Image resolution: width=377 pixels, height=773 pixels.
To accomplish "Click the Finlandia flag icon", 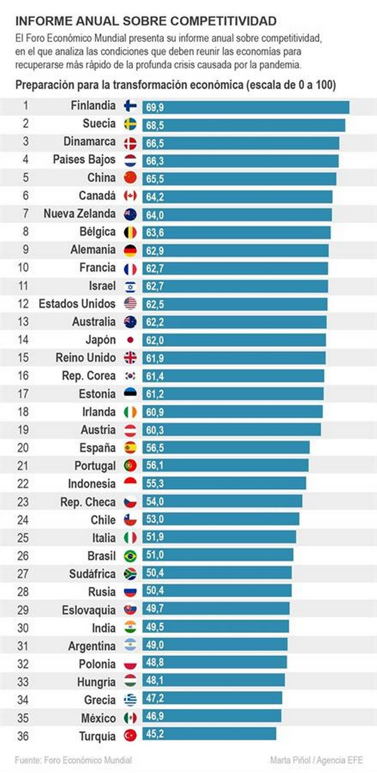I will tap(130, 106).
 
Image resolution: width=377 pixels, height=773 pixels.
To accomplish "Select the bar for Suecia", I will tap(244, 125).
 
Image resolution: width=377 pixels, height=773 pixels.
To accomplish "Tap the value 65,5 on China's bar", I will tap(155, 179).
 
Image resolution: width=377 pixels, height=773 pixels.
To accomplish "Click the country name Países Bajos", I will tap(84, 159).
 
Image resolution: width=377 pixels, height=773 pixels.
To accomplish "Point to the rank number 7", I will tap(25, 213).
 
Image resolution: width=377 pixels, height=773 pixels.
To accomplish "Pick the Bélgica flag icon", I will tap(130, 232).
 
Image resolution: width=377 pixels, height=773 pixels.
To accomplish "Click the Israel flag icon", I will tap(130, 286).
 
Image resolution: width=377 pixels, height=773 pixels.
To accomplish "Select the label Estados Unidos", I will tap(77, 304).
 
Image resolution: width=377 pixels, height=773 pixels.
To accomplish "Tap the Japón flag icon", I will tap(130, 340).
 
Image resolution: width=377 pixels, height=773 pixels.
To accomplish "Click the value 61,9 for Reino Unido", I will tap(155, 358).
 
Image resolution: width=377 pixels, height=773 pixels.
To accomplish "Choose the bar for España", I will tap(226, 448).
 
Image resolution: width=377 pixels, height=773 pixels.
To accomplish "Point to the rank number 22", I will tap(23, 484).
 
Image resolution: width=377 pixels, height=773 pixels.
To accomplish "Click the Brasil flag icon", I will tap(130, 556).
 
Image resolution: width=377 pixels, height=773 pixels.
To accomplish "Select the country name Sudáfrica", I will tap(92, 574).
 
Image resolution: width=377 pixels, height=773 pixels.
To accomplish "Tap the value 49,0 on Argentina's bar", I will tap(155, 645).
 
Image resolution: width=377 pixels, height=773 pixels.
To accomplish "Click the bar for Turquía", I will tap(209, 734).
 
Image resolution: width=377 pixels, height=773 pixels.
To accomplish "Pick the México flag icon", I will tap(130, 718).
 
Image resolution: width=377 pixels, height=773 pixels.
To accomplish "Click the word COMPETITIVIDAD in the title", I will tap(224, 21).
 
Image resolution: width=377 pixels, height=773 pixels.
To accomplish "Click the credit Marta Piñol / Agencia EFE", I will tap(316, 760).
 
